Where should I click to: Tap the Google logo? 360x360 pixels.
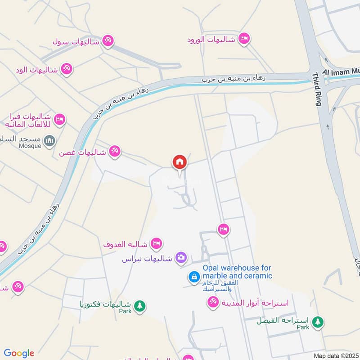click(x=19, y=353)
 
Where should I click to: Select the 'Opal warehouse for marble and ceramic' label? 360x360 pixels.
click(x=237, y=271)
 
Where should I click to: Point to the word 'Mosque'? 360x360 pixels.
click(x=30, y=146)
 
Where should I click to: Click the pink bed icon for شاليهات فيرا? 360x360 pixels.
click(x=59, y=120)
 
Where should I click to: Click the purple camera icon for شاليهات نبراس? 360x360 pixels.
click(x=181, y=257)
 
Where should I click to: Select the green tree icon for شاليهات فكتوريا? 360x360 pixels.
click(x=140, y=306)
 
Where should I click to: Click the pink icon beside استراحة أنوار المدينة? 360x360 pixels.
click(x=213, y=303)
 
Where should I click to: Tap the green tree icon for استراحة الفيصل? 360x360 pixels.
click(x=318, y=322)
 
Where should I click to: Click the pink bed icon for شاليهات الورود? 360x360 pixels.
click(x=244, y=38)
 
